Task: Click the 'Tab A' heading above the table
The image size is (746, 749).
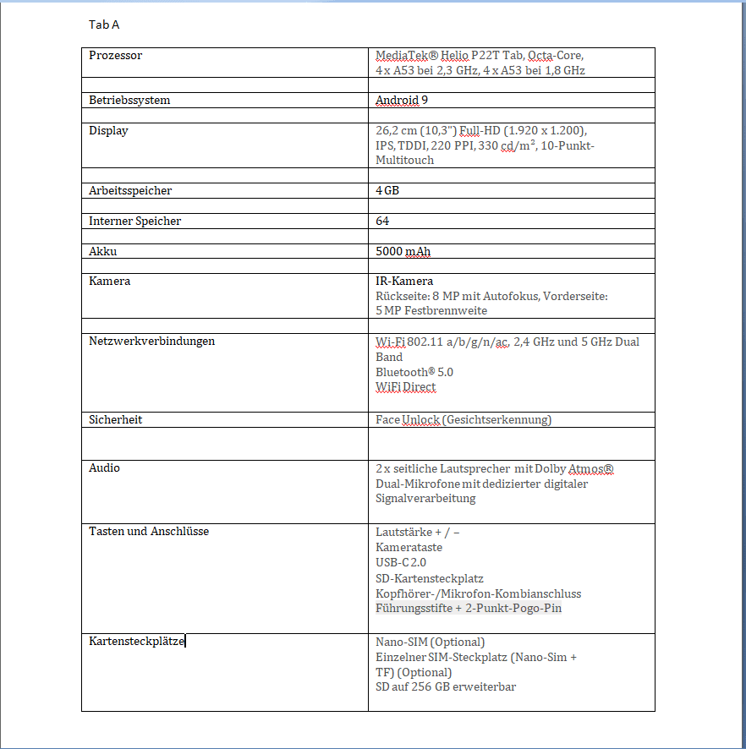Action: (104, 25)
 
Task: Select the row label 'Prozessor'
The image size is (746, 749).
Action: (116, 56)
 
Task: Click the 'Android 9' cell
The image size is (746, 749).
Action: (402, 101)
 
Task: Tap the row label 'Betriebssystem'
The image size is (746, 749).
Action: (129, 101)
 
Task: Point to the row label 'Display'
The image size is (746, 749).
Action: (108, 131)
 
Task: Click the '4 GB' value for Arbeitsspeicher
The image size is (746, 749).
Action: (387, 191)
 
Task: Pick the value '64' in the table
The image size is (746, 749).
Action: (382, 221)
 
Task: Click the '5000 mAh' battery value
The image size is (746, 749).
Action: (403, 252)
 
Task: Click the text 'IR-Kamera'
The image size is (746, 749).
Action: (404, 282)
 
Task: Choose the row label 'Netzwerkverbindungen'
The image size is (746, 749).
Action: (152, 342)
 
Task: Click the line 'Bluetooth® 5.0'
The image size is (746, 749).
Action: (414, 372)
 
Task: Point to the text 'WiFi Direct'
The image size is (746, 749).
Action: (406, 387)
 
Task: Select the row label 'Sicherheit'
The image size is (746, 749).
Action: (116, 419)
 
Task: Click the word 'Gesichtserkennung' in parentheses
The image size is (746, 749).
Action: (499, 420)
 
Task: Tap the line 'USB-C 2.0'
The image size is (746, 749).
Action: (401, 563)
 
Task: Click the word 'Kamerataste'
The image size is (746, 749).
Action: (409, 548)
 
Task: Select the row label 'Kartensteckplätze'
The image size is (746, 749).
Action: (136, 642)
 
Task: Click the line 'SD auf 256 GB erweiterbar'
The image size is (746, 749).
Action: (446, 687)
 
